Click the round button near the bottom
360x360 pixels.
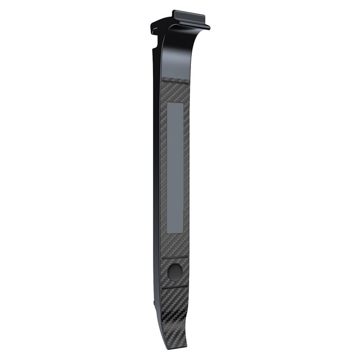[x=175, y=272]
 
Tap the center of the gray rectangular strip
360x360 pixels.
[x=175, y=167]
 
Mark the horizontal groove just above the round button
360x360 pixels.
[x=175, y=258]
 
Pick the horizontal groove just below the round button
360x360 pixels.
[x=175, y=286]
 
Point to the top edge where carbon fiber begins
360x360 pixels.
[x=175, y=80]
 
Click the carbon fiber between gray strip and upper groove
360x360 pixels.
[x=175, y=245]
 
